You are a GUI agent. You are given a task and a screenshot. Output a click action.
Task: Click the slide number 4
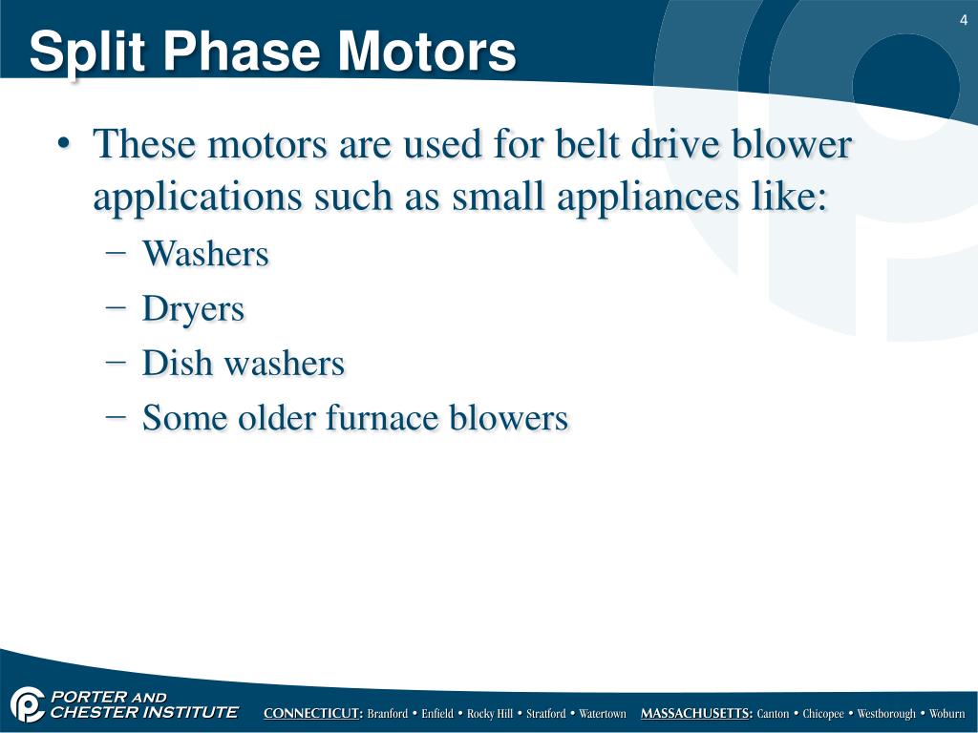coord(964,21)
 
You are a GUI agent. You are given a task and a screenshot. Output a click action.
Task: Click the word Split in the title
coord(80,52)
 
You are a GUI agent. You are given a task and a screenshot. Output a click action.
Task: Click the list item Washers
coord(205,255)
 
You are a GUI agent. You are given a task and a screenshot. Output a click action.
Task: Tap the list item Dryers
coord(193,309)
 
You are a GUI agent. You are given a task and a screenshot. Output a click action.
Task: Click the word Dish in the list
coord(172,364)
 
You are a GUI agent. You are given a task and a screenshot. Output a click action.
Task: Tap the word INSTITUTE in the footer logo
coord(187,712)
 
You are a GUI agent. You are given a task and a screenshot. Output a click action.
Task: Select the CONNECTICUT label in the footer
coord(313,714)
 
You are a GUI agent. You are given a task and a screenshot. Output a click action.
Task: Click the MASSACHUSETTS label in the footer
coord(696,714)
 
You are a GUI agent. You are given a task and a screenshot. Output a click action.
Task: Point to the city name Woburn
coord(947,714)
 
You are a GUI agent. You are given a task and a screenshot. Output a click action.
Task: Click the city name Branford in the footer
coord(388,714)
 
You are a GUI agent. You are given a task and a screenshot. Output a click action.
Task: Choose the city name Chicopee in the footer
coord(823,714)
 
